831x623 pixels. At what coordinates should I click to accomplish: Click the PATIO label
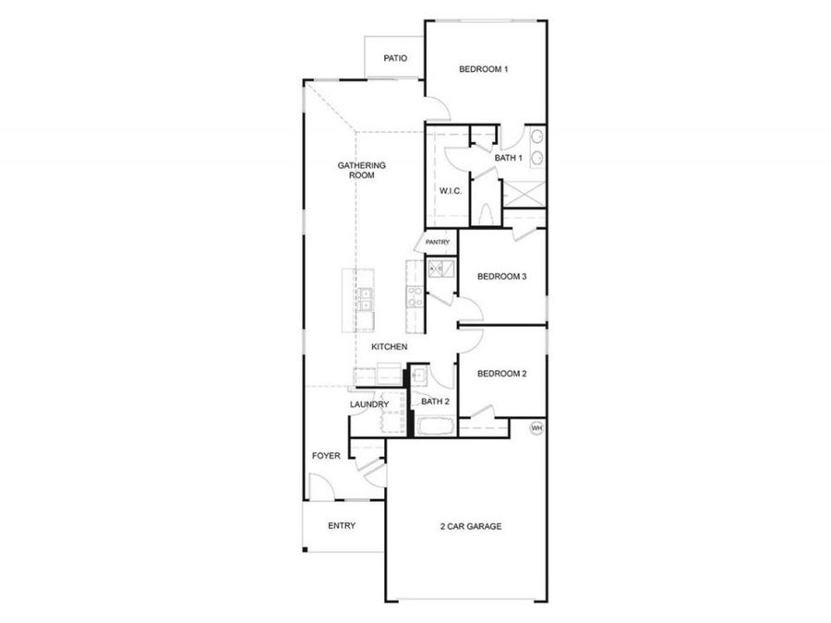(395, 58)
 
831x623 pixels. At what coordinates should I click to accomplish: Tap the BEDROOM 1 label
(484, 69)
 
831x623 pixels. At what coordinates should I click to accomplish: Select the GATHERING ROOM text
(361, 170)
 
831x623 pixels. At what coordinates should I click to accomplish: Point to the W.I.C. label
(450, 191)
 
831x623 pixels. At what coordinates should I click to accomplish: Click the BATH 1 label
(509, 158)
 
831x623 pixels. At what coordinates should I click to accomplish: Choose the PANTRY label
(438, 243)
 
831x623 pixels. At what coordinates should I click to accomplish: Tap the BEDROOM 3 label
(501, 276)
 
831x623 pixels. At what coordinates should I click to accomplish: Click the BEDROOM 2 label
(501, 374)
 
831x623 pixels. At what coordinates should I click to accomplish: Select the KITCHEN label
(390, 347)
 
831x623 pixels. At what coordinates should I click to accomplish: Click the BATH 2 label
(435, 401)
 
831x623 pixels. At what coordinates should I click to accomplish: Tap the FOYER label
(326, 456)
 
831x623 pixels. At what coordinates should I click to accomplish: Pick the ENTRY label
(342, 526)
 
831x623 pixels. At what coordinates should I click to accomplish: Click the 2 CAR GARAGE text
(470, 526)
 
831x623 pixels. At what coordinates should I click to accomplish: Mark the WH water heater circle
(536, 428)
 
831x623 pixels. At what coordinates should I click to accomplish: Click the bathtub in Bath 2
(433, 426)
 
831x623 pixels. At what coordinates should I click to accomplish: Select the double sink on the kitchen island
(366, 298)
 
